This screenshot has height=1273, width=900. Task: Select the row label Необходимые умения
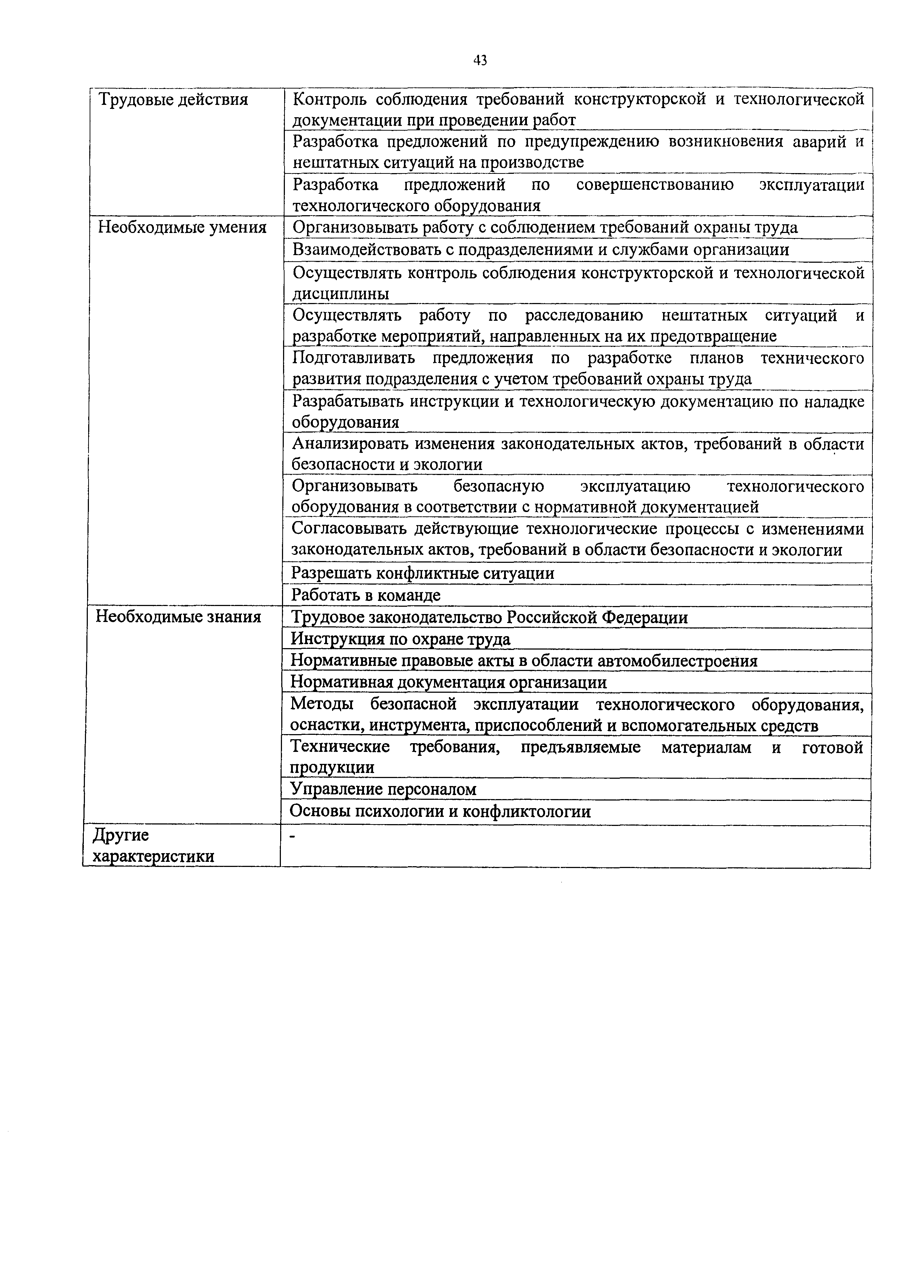[182, 227]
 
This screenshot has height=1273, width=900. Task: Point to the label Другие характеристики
[153, 845]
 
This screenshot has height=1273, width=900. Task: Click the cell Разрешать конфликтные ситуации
[423, 573]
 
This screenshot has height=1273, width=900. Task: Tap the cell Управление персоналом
[384, 789]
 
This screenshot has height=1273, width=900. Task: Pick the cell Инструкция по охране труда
[400, 639]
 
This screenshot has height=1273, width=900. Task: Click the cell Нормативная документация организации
[449, 681]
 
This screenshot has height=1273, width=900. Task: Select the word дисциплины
[340, 294]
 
